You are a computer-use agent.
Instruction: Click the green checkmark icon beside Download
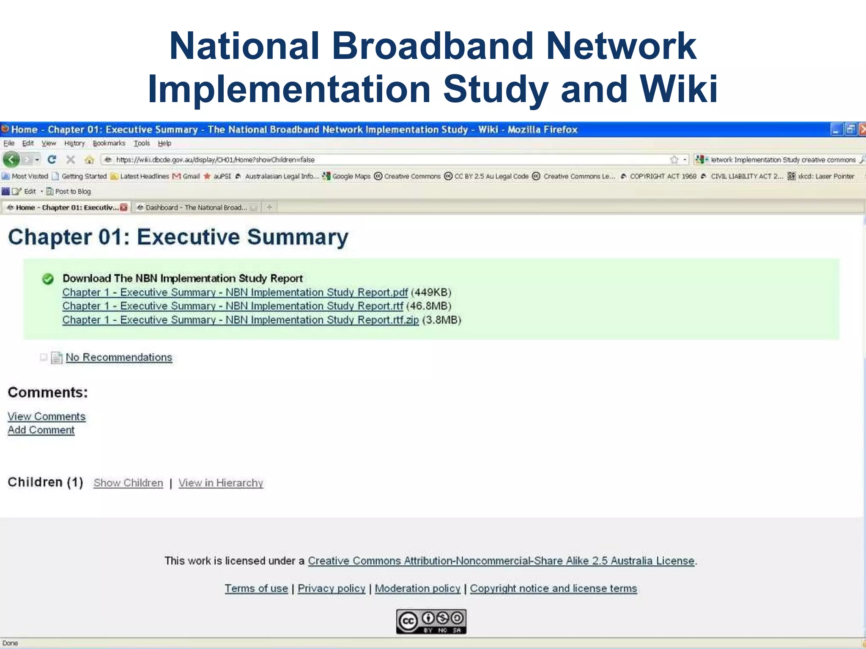click(48, 279)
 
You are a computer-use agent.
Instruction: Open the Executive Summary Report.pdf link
click(235, 292)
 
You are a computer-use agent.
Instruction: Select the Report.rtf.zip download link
click(240, 320)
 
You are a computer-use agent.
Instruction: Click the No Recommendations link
click(119, 357)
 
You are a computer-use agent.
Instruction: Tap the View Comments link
click(47, 417)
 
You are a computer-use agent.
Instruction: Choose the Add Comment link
click(41, 430)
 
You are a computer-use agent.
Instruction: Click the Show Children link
click(128, 483)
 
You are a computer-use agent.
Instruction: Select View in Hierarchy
click(220, 483)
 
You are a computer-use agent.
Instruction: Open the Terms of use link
click(256, 588)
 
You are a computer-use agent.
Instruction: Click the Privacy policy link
click(331, 588)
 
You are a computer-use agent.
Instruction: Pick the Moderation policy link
click(417, 588)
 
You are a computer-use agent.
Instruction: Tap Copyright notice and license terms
click(553, 588)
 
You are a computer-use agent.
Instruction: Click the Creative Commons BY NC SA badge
click(431, 621)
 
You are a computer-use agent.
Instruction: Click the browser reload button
click(52, 160)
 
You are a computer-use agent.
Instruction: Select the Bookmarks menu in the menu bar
click(109, 143)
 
